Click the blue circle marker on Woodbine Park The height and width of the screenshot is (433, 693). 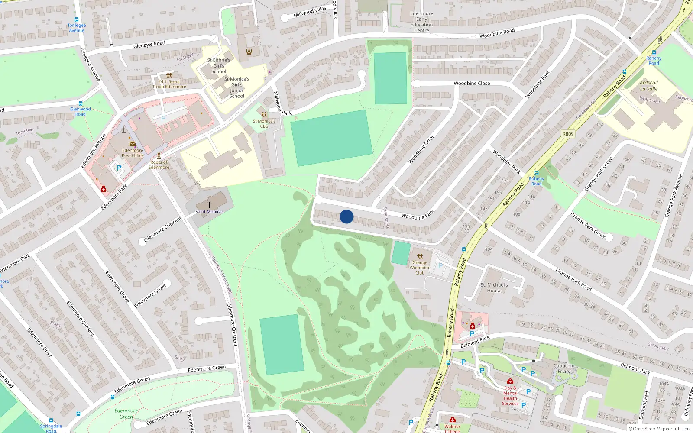coord(346,216)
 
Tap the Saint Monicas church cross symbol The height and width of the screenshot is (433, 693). coord(210,204)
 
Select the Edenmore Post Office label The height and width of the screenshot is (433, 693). coord(133,153)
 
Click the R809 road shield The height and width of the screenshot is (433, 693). coord(568,134)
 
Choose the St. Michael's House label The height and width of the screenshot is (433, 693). coord(494,288)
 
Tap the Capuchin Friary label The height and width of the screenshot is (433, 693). coord(564,368)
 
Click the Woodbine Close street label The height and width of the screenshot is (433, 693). coord(472,83)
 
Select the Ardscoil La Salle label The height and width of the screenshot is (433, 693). coord(648,86)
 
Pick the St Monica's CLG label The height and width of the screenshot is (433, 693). coord(264,123)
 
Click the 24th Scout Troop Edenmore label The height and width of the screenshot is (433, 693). coord(169,84)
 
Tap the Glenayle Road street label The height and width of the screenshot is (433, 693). coord(149,44)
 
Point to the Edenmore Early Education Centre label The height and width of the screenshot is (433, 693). coord(421,22)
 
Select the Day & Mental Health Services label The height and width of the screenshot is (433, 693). coord(510,396)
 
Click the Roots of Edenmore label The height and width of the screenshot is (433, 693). coord(159,165)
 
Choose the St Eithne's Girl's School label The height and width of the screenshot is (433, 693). coord(219,66)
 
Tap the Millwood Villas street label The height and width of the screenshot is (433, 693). coord(310,12)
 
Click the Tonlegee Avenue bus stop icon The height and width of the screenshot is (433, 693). coord(77,19)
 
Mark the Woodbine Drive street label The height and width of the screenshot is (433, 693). coord(421,149)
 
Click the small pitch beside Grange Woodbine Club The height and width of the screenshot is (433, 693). coord(401,253)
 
